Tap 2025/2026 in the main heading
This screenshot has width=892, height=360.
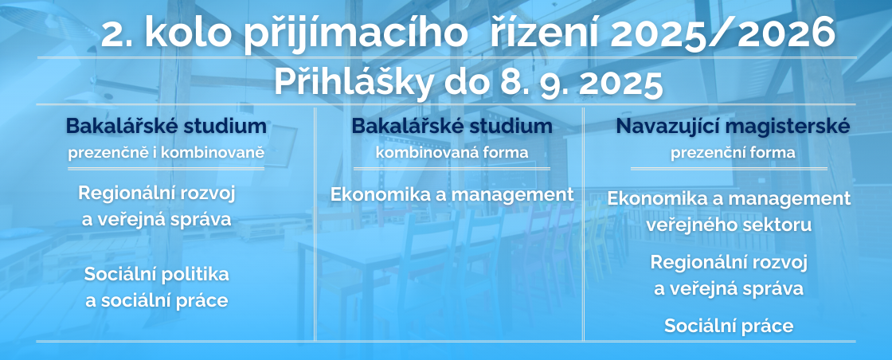click(x=722, y=33)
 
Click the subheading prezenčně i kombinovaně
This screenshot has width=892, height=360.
click(x=166, y=153)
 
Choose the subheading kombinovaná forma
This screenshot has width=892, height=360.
click(x=452, y=152)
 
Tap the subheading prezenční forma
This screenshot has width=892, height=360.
click(x=733, y=153)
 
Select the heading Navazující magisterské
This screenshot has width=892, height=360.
click(x=733, y=127)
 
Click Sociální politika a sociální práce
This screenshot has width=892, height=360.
click(x=157, y=288)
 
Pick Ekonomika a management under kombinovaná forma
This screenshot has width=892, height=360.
click(x=452, y=194)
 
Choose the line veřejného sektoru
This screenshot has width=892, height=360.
click(x=729, y=225)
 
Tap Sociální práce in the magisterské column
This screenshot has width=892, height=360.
click(x=729, y=326)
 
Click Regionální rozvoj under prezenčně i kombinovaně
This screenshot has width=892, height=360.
click(x=157, y=194)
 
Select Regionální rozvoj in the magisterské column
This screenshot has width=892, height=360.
click(x=729, y=263)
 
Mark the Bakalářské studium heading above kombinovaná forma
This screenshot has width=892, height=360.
click(x=452, y=127)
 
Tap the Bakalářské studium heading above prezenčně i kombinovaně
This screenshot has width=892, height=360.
click(x=166, y=127)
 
